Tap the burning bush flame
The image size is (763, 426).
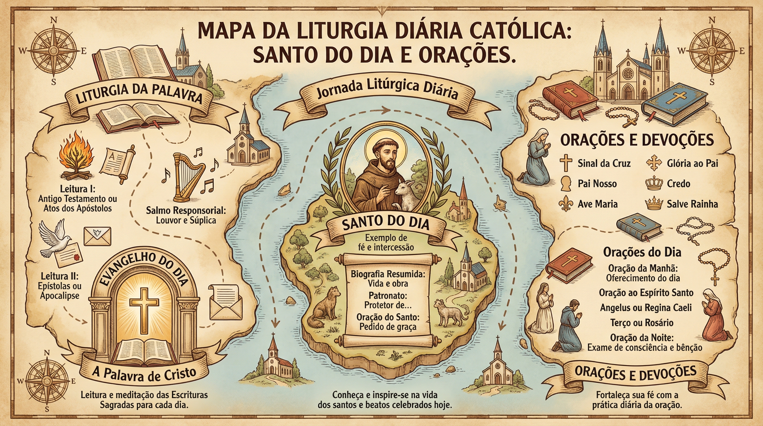click(77, 159)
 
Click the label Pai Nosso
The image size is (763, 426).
click(597, 184)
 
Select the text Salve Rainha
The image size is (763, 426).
click(692, 204)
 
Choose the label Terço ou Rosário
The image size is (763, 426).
click(642, 323)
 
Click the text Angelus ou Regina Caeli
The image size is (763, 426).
click(646, 308)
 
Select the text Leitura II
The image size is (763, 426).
click(60, 277)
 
